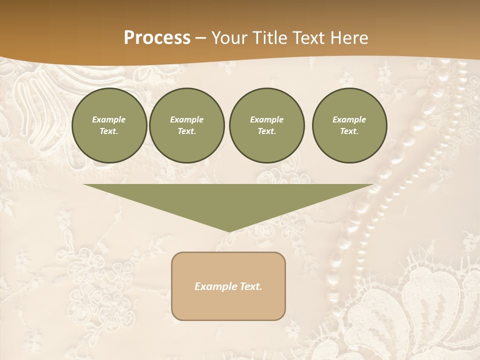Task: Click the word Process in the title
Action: [x=157, y=38]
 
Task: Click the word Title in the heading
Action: [x=269, y=38]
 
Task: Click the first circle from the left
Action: [x=109, y=125]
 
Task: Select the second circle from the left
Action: [x=186, y=125]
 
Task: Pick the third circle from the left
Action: [x=266, y=125]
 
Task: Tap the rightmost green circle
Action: [x=349, y=125]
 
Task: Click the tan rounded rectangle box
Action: [x=228, y=286]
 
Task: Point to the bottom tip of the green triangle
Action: [x=229, y=231]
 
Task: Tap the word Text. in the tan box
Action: [x=250, y=286]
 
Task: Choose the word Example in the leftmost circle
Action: [x=109, y=120]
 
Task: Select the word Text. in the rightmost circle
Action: [x=349, y=131]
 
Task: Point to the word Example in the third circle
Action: [x=266, y=120]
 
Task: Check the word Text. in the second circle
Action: [x=186, y=131]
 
